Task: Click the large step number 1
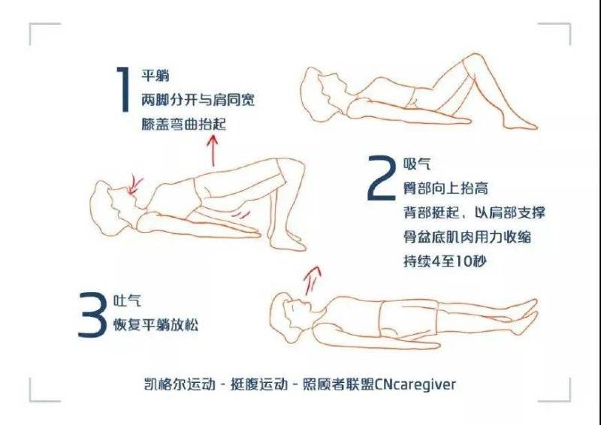124,89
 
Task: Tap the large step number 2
382,178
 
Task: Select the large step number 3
92,315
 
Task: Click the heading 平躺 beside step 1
156,76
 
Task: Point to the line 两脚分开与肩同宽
198,100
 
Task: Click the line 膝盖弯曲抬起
184,124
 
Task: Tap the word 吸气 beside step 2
417,164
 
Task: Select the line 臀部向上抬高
445,188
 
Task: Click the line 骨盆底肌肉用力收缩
467,237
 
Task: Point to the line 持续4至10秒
445,261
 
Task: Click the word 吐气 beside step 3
127,301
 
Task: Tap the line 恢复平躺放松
156,325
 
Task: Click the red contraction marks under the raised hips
242,214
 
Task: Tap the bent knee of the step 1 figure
474,62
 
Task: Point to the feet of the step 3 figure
528,313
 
